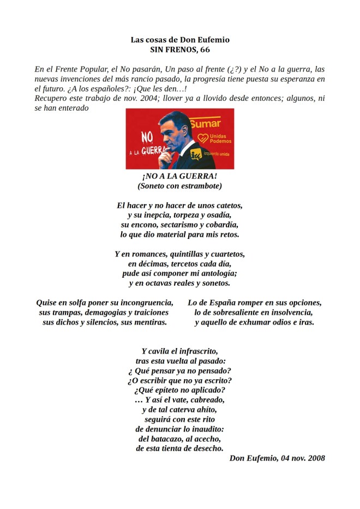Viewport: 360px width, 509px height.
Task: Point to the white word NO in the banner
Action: (x=146, y=137)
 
